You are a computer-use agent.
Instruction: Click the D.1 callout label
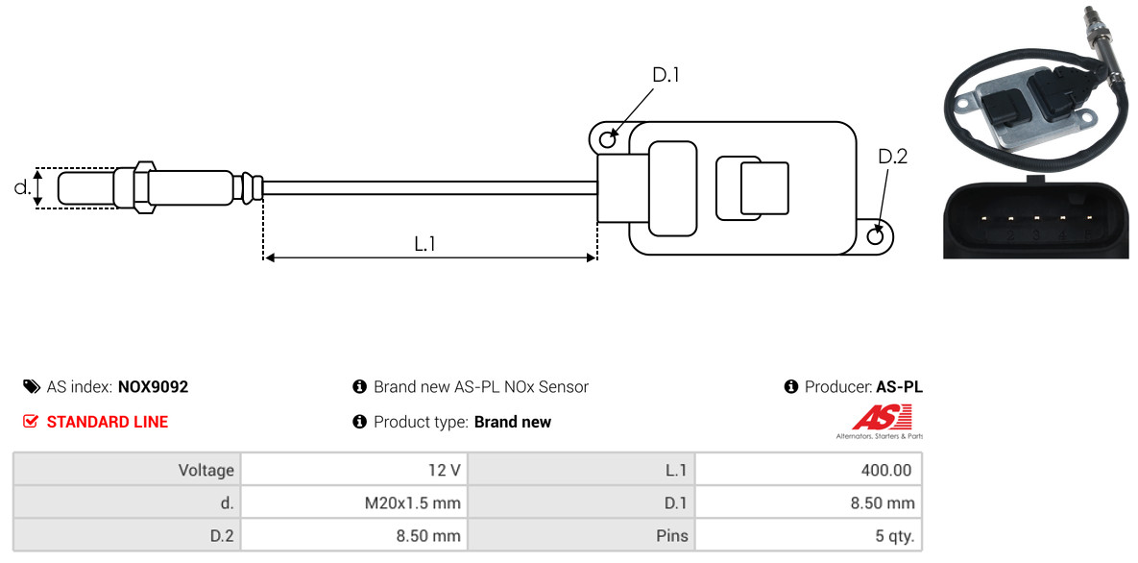click(666, 75)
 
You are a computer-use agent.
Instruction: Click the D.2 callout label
click(892, 157)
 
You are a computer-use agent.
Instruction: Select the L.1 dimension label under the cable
click(425, 244)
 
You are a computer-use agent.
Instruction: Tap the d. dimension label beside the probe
click(22, 187)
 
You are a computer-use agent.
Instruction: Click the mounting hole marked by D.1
click(607, 140)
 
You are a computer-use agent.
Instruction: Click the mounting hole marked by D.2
click(876, 236)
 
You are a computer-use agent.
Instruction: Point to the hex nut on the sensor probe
click(141, 186)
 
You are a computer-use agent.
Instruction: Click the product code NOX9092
click(153, 387)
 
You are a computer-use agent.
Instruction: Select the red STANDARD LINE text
click(107, 422)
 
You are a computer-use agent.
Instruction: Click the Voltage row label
click(206, 470)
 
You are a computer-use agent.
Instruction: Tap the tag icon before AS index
click(31, 387)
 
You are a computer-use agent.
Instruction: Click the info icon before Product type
click(360, 422)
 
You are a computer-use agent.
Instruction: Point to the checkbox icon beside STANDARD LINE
click(31, 422)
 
